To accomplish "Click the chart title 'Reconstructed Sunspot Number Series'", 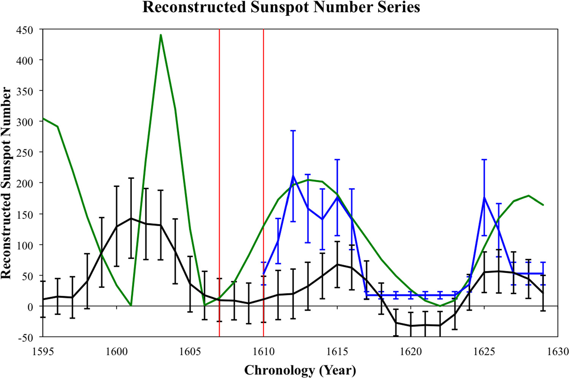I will point(281,8).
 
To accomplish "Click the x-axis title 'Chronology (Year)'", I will point(300,370).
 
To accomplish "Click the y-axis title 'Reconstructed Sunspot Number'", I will point(6,183).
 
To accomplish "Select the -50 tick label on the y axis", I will point(25,337).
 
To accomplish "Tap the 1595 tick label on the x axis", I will point(43,351).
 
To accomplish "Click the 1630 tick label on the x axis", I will point(558,351).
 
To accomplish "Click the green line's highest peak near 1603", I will point(161,35).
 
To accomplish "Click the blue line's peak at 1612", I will point(293,175).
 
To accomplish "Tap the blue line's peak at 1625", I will point(484,197).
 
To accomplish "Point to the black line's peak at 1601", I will point(131,219).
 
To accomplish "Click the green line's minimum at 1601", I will point(131,305).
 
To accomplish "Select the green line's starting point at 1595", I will point(43,118).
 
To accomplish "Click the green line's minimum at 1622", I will point(440,306).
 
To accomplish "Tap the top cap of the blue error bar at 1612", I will point(293,131).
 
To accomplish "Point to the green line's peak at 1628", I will point(528,196).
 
